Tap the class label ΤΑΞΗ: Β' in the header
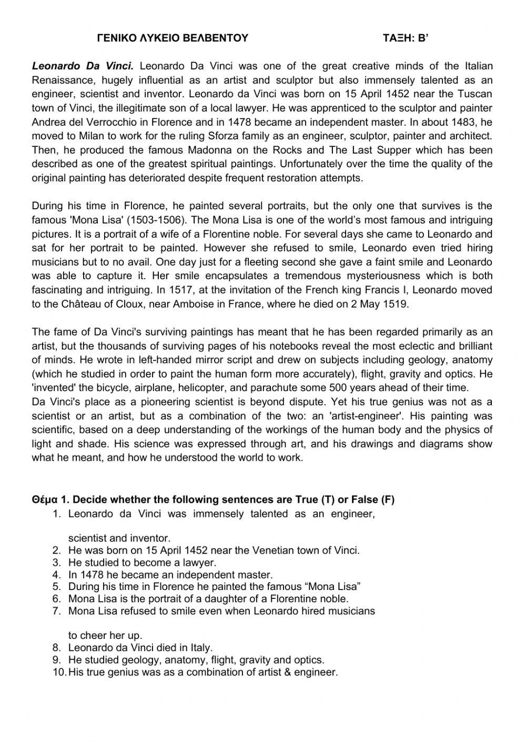[x=407, y=38]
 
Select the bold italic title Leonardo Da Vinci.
[x=83, y=66]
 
